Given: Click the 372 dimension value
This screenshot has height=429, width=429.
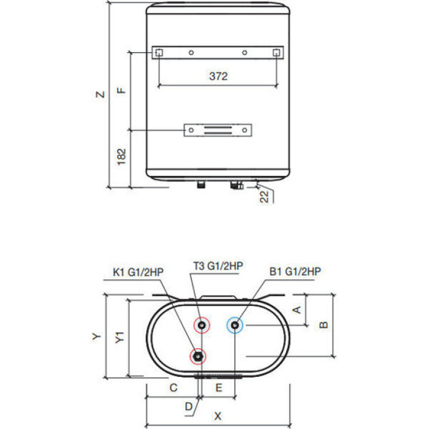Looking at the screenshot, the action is [218, 76].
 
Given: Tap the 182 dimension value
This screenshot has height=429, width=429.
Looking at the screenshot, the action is [121, 157].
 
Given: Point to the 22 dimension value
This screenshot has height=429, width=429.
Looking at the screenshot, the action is [264, 197].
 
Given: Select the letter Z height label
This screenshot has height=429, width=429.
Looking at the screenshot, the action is [101, 94].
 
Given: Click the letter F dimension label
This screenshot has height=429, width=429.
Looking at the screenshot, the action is [121, 90].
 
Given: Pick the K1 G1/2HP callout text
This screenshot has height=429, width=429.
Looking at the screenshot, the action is [138, 272].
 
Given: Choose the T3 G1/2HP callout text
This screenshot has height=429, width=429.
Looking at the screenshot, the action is [218, 265].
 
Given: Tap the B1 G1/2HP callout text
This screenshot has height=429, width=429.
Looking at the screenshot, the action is [295, 271].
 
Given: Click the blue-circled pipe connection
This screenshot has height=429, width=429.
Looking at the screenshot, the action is [235, 325].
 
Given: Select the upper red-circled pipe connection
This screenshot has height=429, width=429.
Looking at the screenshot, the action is [202, 325].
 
